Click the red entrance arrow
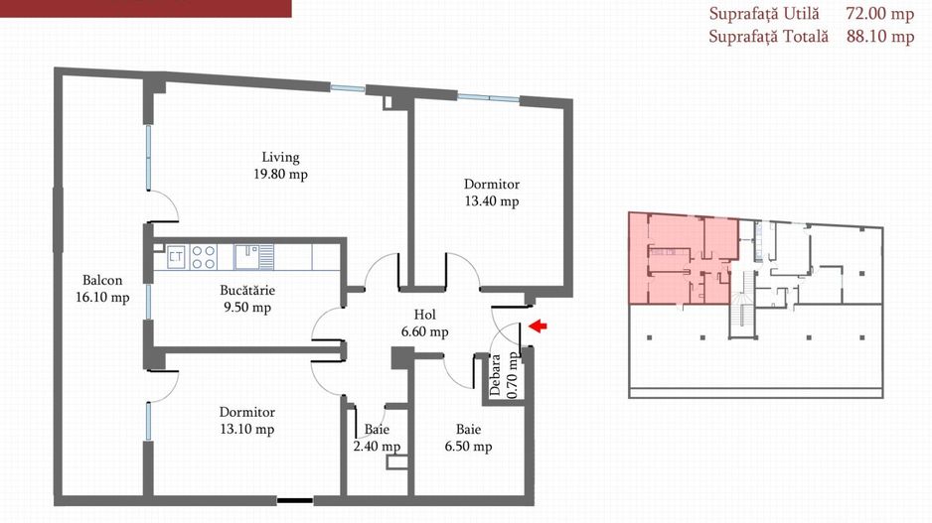538,326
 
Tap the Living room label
280,158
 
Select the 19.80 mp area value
280,174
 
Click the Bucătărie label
247,291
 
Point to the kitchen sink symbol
253,256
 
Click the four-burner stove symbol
204,256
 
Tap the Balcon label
102,280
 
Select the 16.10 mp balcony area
102,298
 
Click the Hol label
424,315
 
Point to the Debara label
495,374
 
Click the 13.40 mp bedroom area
492,201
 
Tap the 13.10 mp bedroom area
247,429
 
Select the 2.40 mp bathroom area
377,446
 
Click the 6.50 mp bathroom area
468,446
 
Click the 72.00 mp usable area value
879,14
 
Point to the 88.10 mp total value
880,36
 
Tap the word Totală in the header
806,36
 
